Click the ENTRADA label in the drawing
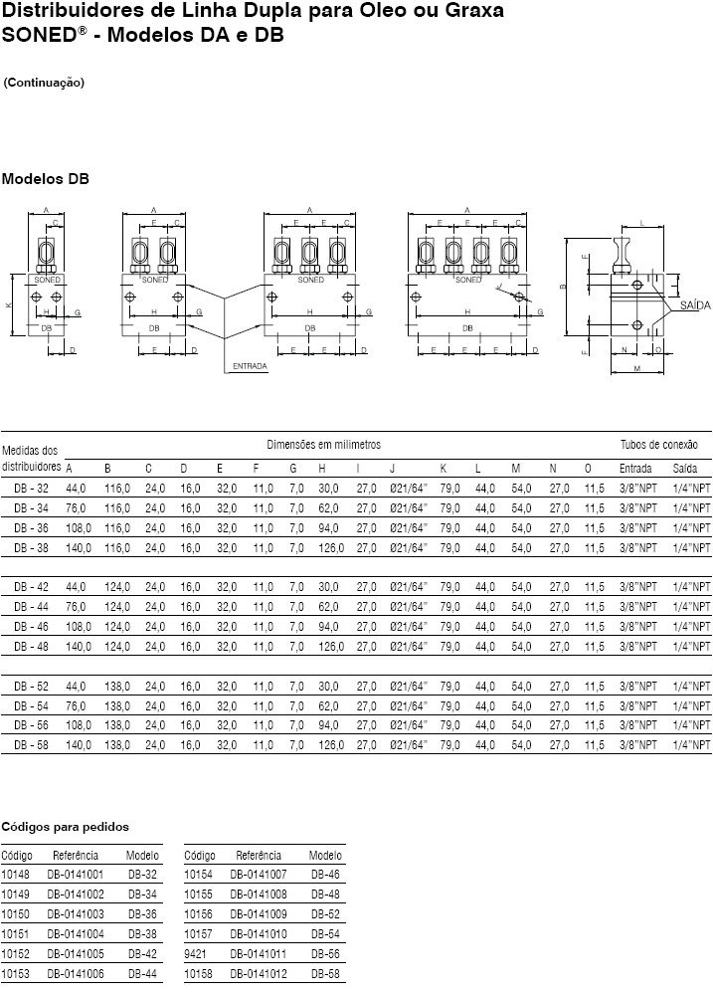250,366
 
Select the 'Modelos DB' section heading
45,179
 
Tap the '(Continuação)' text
44,83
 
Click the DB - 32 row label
31,489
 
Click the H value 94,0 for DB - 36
329,528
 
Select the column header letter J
393,469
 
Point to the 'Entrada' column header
635,469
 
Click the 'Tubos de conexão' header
659,444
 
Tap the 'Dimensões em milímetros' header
323,444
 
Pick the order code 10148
16,875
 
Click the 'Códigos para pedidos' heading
65,826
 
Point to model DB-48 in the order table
325,894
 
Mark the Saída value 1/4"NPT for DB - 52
691,686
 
